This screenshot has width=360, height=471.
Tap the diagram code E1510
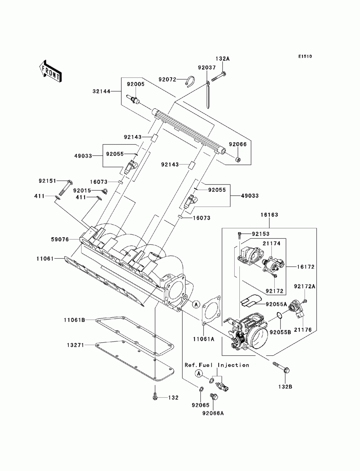[x=305, y=56]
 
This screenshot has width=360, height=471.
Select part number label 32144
[x=102, y=91]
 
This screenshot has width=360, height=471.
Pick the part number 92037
[x=207, y=68]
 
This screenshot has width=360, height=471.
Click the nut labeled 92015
[x=105, y=191]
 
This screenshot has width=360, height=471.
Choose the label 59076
[x=60, y=239]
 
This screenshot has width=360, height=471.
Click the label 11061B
[x=74, y=320]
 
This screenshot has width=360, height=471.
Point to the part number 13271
[x=76, y=345]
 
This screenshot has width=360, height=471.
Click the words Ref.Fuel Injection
[x=217, y=365]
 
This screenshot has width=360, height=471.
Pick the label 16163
[x=269, y=214]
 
